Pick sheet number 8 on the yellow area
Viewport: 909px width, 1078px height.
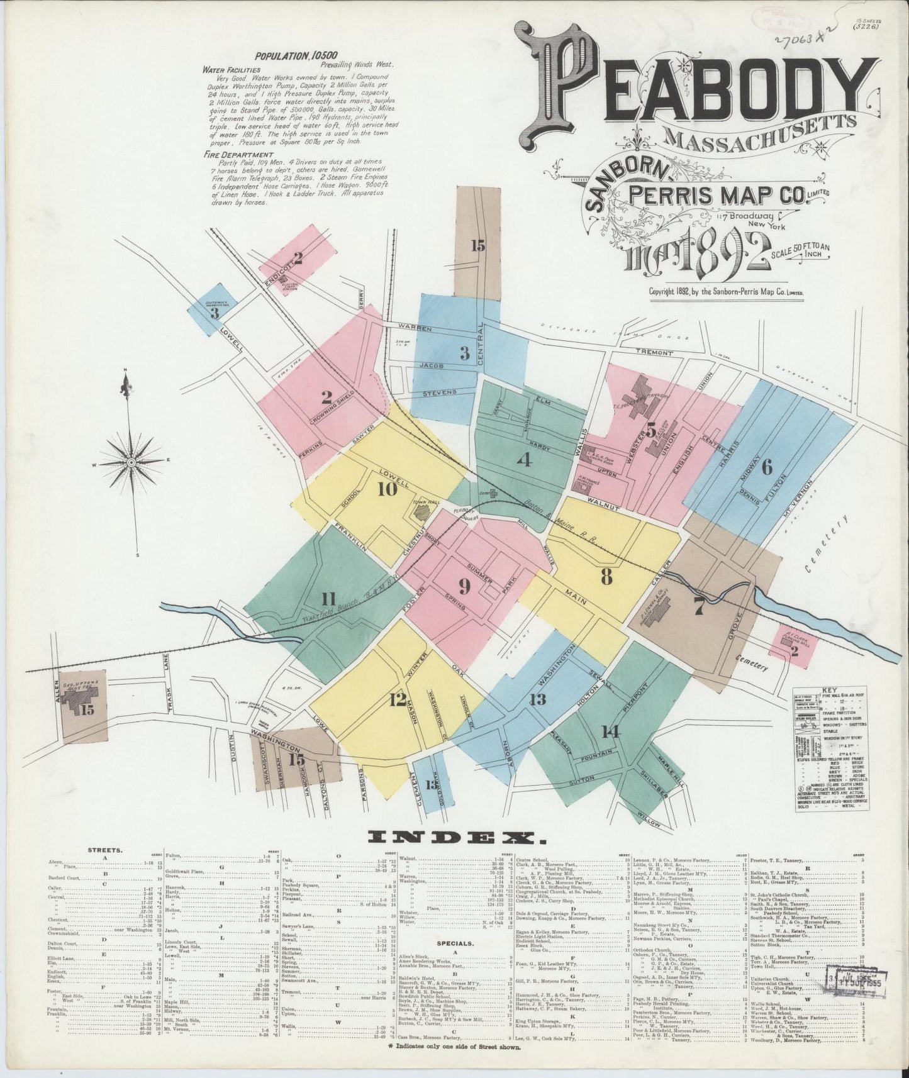tap(606, 577)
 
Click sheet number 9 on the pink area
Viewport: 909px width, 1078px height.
tap(464, 586)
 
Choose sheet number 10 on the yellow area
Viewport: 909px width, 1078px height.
tap(388, 489)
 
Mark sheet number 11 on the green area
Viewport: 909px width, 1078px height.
tap(328, 598)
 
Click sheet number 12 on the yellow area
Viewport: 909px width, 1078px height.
tap(397, 699)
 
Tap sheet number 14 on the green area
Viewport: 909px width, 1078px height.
tap(610, 731)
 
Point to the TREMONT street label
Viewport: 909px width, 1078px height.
tap(654, 353)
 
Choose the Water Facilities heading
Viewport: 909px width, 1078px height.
tap(231, 70)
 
